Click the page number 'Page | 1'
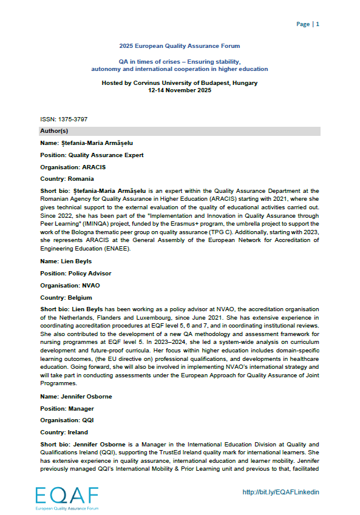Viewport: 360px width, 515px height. click(x=307, y=24)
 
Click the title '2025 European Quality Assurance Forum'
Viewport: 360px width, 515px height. click(x=179, y=46)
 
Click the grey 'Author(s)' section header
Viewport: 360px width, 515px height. click(x=179, y=131)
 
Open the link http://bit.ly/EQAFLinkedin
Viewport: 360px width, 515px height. click(x=280, y=492)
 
